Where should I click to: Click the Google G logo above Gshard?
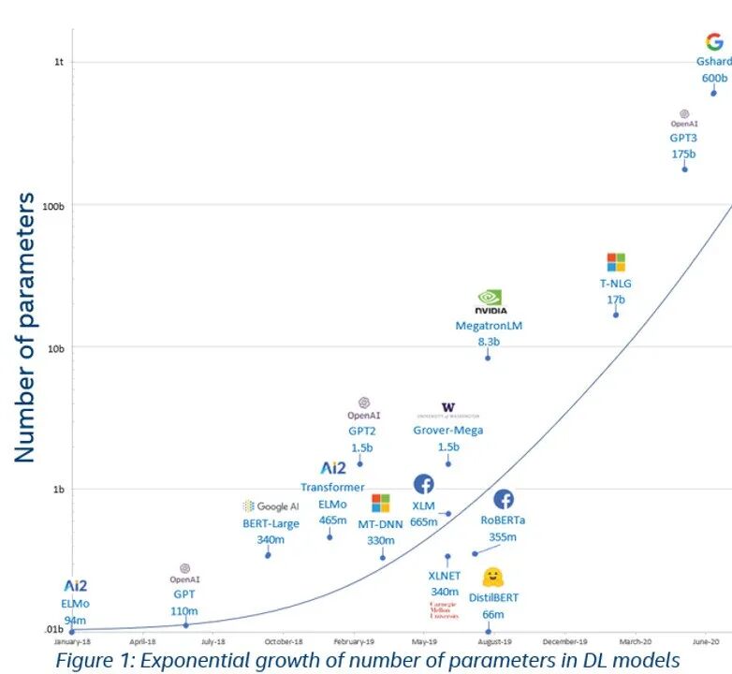pyautogui.click(x=714, y=42)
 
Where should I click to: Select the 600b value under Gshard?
pyautogui.click(x=714, y=78)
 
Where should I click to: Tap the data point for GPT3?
pyautogui.click(x=684, y=168)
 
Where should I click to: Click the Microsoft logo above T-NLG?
pyautogui.click(x=615, y=262)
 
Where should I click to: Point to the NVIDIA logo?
pyautogui.click(x=491, y=301)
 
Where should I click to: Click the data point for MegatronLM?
pyautogui.click(x=488, y=358)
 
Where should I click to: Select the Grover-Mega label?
pyautogui.click(x=448, y=431)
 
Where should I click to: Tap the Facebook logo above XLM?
pyautogui.click(x=423, y=484)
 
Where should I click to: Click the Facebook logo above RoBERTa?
pyautogui.click(x=504, y=499)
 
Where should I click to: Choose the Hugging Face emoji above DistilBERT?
pyautogui.click(x=494, y=577)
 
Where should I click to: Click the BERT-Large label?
pyautogui.click(x=271, y=523)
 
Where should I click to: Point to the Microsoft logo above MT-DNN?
pyautogui.click(x=380, y=504)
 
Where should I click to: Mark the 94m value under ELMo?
pyautogui.click(x=75, y=620)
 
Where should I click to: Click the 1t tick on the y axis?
pyautogui.click(x=58, y=62)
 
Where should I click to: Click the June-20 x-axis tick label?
pyautogui.click(x=707, y=642)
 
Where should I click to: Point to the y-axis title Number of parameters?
pyautogui.click(x=25, y=327)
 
